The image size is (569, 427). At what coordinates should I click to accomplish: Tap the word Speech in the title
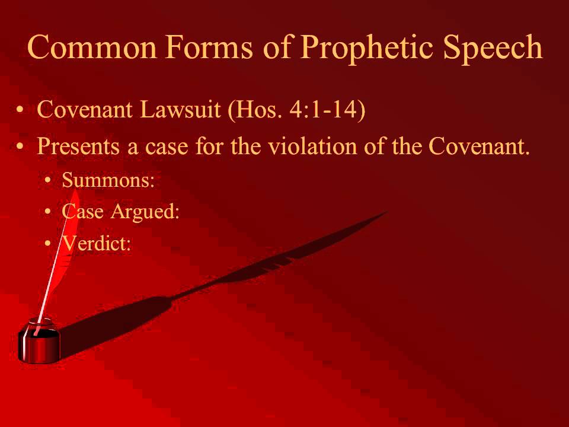(x=493, y=47)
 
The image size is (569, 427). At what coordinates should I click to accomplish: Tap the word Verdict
(x=95, y=243)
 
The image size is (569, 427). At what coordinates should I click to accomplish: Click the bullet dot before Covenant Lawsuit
(x=21, y=111)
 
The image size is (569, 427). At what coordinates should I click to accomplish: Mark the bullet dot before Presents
(x=21, y=146)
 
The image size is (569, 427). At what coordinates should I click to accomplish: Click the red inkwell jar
(x=39, y=342)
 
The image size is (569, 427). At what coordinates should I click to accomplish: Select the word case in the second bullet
(x=159, y=146)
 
